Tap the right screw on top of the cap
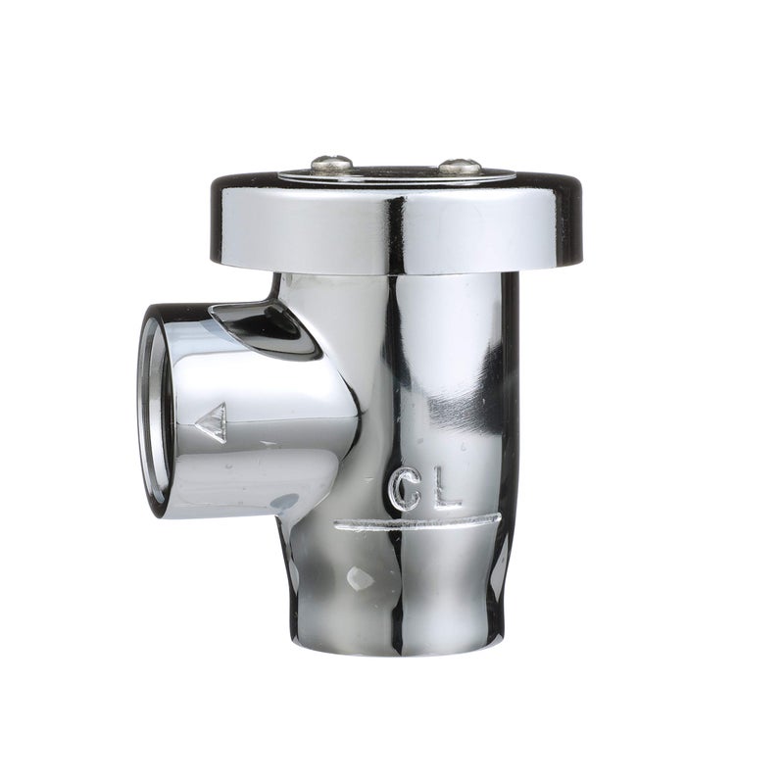(459, 167)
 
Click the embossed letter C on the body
(405, 488)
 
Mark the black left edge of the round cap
(218, 220)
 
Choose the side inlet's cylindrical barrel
(265, 421)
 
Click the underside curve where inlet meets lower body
(294, 505)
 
